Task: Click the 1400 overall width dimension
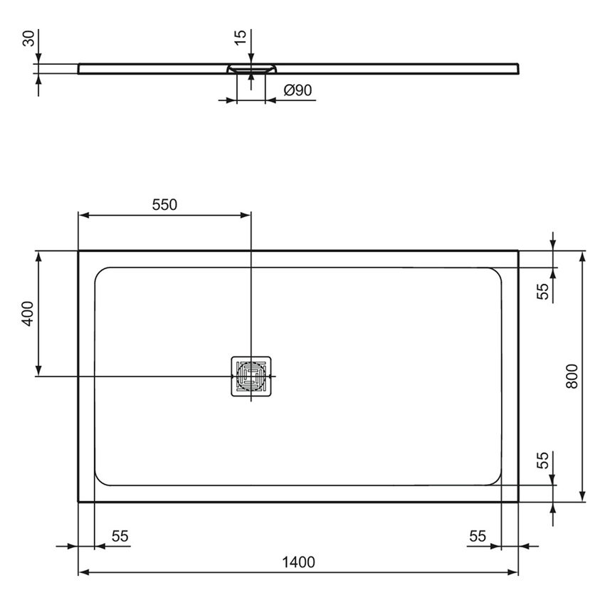[298, 562]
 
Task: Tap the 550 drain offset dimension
[164, 205]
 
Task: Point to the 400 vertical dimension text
[27, 313]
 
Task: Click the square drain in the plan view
[251, 376]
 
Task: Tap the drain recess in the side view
[251, 69]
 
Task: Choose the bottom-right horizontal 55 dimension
[478, 536]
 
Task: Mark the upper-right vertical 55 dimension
[543, 290]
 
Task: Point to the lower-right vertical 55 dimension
[543, 461]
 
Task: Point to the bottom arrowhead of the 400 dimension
[38, 371]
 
